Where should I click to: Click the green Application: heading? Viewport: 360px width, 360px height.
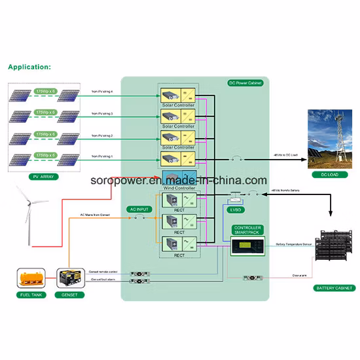click(29, 67)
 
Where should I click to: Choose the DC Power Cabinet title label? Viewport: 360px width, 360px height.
click(244, 84)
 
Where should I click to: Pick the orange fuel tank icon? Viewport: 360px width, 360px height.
click(31, 278)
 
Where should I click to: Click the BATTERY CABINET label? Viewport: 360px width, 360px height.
click(334, 287)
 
